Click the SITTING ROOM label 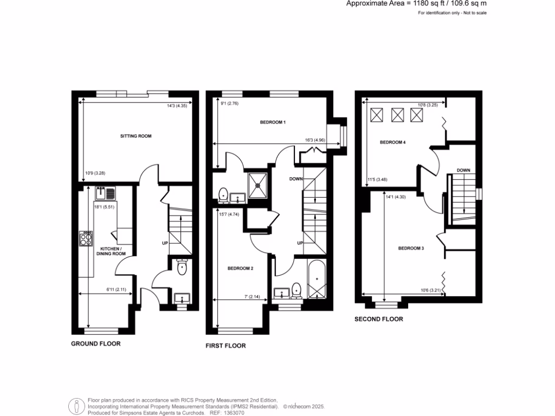[x=135, y=136]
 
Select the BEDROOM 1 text [x=273, y=122]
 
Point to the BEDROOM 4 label [x=393, y=142]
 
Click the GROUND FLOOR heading [x=96, y=343]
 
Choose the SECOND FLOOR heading [x=379, y=319]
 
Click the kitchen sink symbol [x=105, y=192]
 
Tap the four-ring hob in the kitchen [x=86, y=238]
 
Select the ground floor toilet [x=182, y=268]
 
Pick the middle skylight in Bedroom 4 [x=397, y=115]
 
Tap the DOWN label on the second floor [x=463, y=170]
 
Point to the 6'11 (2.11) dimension [x=117, y=289]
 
